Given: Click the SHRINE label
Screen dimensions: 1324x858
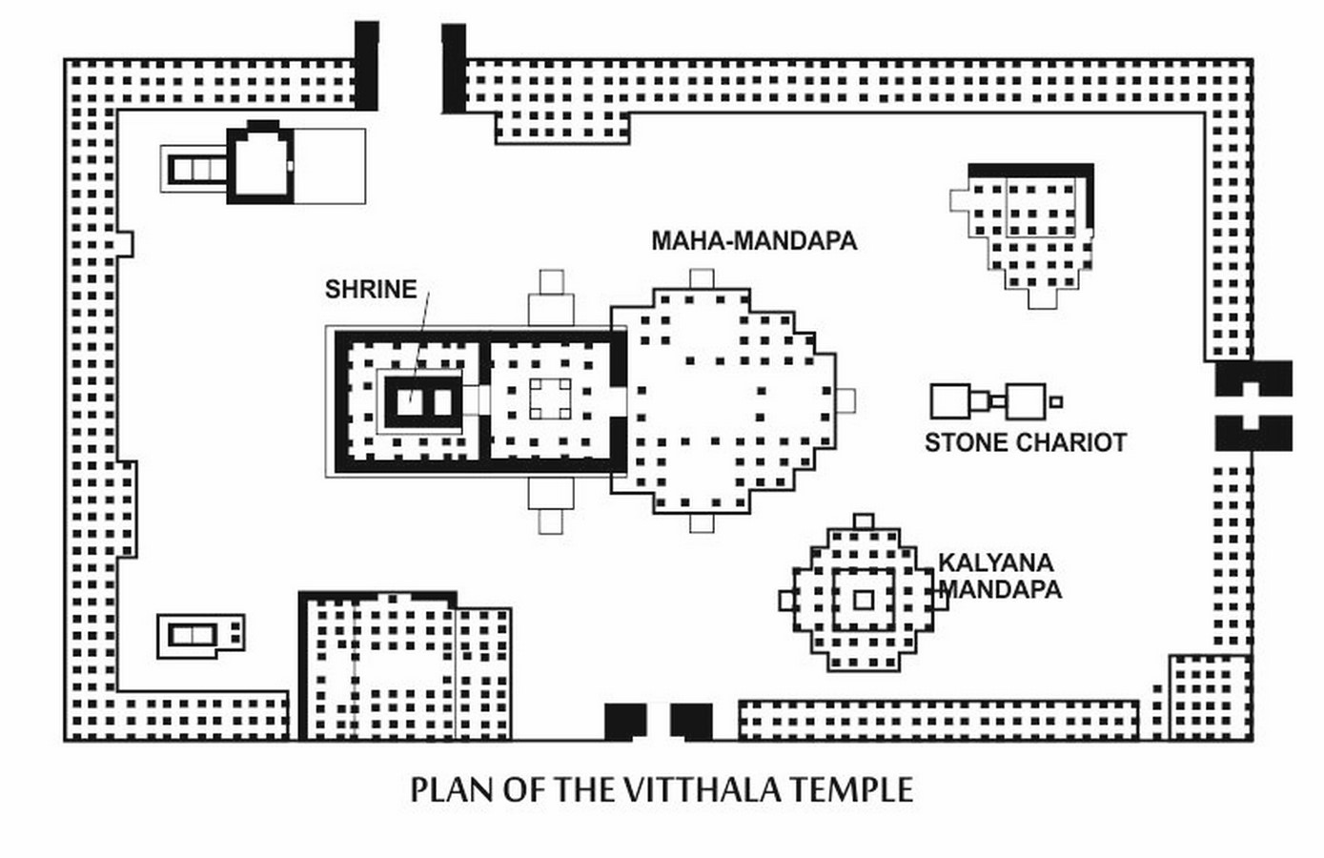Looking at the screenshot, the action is [371, 289].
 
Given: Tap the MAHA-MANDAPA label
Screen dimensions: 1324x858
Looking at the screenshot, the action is [754, 240].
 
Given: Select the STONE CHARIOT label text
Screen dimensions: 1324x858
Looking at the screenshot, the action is [1026, 443].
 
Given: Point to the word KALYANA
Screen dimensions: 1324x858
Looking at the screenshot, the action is [996, 562].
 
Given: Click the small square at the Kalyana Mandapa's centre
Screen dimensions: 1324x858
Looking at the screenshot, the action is [864, 601].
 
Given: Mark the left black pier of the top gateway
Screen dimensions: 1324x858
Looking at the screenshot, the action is [366, 66].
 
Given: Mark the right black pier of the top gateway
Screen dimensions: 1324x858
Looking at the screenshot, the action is [454, 69].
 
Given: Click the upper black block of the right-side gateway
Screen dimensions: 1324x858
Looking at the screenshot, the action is [1253, 378].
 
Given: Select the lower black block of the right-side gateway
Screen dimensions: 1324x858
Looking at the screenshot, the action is [1253, 433].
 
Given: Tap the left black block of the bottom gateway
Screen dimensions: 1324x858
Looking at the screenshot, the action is [625, 722].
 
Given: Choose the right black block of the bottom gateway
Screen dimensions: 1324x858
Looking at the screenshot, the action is [691, 722].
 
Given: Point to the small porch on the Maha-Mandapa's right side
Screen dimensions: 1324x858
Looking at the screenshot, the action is [845, 401].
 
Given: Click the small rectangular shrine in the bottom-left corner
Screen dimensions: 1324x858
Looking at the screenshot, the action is [201, 636].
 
